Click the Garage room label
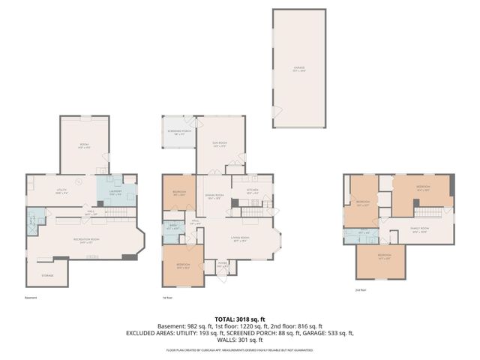(x=299, y=70)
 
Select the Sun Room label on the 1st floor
(x=220, y=145)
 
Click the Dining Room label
(x=216, y=195)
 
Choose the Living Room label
(x=240, y=240)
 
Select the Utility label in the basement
(x=62, y=190)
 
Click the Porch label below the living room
(x=223, y=263)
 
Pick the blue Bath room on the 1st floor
(x=172, y=226)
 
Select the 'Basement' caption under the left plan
(x=30, y=298)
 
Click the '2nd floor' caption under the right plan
(x=361, y=290)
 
